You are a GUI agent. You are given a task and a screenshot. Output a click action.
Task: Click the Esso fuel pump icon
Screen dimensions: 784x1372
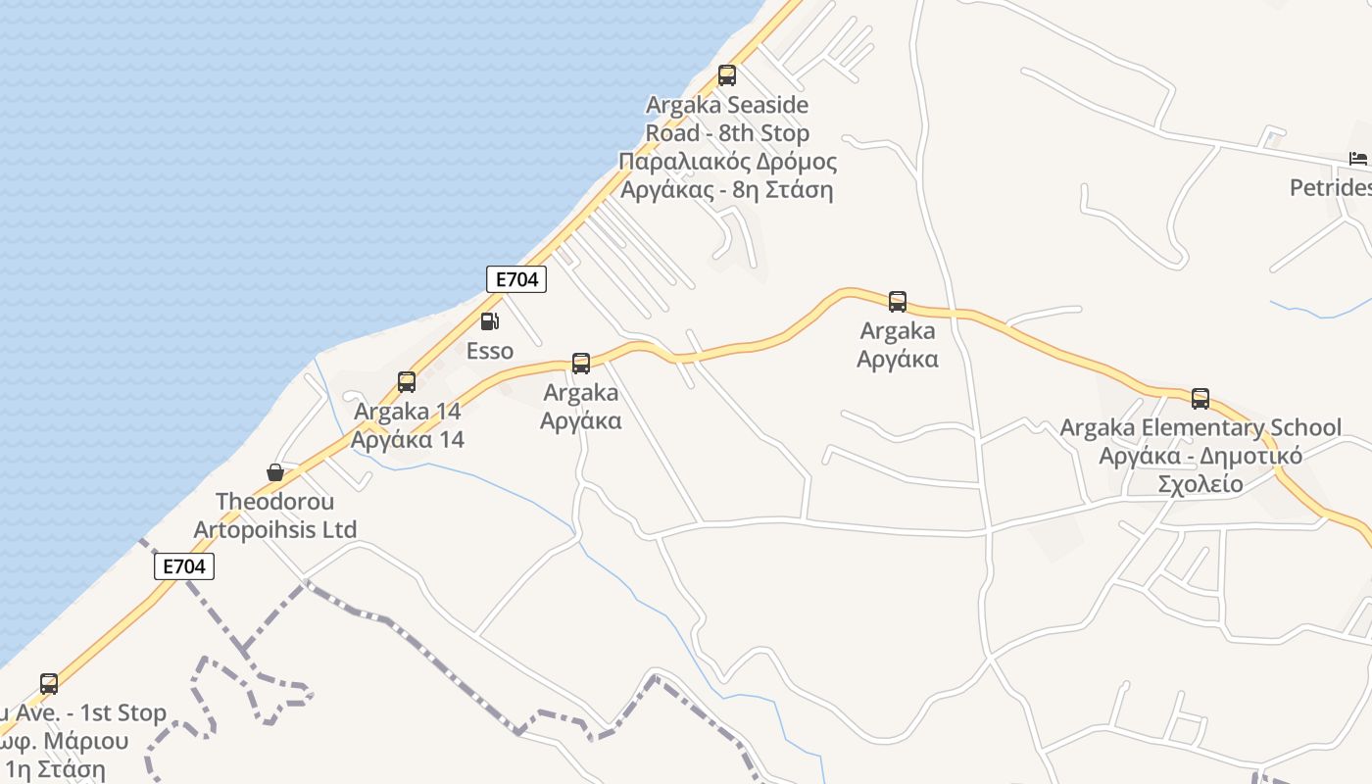click(489, 320)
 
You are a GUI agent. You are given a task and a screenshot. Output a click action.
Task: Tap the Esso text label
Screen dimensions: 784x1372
click(489, 350)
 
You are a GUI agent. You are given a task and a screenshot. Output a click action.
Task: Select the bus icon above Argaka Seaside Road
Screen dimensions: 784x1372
click(726, 75)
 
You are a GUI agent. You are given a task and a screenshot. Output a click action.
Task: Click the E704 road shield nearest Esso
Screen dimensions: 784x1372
click(516, 279)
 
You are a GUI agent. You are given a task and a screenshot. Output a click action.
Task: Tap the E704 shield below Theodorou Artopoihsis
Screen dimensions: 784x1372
click(183, 566)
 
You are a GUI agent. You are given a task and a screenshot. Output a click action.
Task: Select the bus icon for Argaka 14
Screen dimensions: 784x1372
click(407, 382)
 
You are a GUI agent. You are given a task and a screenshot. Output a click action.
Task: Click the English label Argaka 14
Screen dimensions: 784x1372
click(407, 412)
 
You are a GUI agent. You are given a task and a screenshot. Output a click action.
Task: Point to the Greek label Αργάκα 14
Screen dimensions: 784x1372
click(407, 439)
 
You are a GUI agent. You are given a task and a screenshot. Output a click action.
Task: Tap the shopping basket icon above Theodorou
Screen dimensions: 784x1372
click(275, 473)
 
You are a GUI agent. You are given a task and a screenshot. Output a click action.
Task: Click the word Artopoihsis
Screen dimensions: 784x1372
click(261, 530)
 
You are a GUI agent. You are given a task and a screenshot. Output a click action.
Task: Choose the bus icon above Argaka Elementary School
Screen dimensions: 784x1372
click(1200, 399)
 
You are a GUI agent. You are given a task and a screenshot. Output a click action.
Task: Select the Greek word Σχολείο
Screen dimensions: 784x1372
click(1200, 484)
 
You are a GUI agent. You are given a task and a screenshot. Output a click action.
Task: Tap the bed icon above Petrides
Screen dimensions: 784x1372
click(1357, 159)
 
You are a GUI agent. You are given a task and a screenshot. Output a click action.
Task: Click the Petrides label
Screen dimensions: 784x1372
click(1330, 187)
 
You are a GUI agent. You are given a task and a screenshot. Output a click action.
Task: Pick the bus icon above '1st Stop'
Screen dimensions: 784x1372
click(49, 684)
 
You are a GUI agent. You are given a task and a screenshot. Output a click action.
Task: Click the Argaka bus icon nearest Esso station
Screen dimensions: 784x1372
click(581, 365)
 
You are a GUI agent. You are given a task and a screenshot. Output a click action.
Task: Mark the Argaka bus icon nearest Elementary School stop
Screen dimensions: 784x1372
click(898, 302)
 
